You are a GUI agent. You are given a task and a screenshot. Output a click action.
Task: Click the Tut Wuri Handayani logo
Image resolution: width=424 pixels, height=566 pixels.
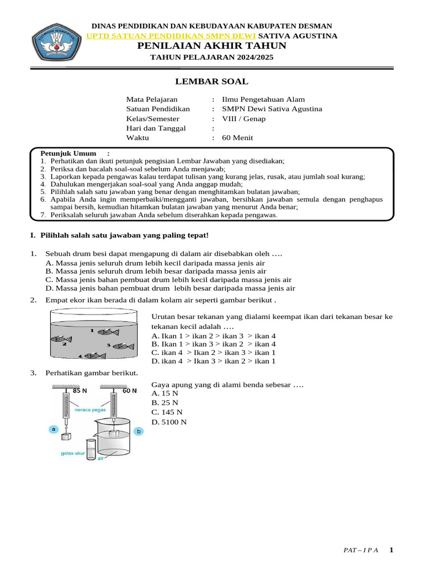click(53, 45)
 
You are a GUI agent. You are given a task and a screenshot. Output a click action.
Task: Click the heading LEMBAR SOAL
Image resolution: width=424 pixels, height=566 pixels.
click(211, 82)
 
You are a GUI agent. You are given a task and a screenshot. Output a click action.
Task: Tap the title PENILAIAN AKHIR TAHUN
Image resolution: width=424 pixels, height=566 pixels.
click(212, 46)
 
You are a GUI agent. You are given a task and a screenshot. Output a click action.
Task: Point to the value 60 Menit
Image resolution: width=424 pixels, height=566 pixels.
click(237, 138)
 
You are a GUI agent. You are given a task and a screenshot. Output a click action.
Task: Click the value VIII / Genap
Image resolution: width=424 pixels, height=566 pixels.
click(243, 119)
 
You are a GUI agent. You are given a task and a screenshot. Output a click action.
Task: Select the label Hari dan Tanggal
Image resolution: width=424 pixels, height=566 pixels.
click(156, 128)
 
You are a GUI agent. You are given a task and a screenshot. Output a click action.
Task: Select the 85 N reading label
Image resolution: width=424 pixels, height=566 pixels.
click(79, 391)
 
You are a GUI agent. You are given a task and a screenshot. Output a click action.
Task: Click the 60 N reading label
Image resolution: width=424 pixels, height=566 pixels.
click(130, 391)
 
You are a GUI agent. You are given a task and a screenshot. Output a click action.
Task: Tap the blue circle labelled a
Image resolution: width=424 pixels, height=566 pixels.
click(53, 429)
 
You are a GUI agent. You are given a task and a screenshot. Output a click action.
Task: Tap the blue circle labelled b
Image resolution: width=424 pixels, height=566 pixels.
click(139, 431)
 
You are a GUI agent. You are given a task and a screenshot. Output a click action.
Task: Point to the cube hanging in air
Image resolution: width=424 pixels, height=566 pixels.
click(67, 436)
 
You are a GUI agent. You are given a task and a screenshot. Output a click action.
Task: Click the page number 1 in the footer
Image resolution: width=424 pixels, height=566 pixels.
click(391, 550)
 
